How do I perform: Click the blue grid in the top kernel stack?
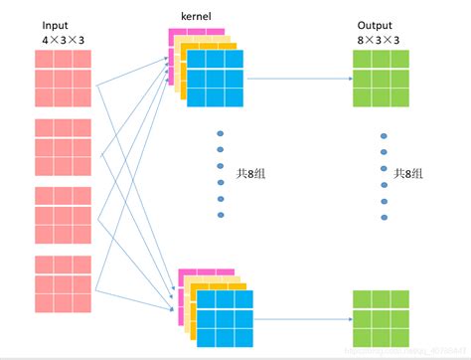click(216, 78)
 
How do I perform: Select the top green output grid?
click(381, 77)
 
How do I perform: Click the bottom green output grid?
click(381, 317)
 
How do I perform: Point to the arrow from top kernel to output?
click(297, 78)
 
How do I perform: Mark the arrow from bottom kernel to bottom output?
click(303, 319)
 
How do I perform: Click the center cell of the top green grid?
click(381, 77)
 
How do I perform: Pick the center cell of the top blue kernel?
click(216, 78)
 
